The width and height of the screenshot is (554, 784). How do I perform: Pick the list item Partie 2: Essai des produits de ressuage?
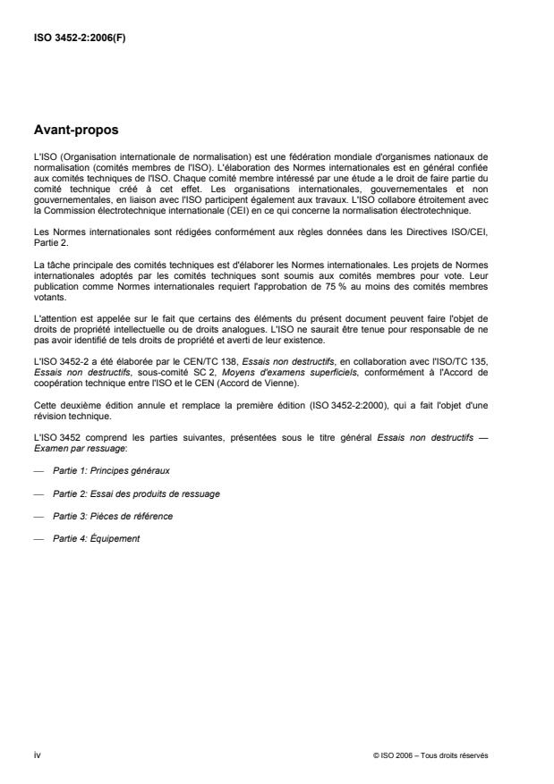137,493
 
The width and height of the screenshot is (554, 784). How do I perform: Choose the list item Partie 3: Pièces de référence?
114,516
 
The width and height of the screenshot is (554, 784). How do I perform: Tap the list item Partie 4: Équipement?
97,539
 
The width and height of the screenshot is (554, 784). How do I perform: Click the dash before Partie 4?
38,539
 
